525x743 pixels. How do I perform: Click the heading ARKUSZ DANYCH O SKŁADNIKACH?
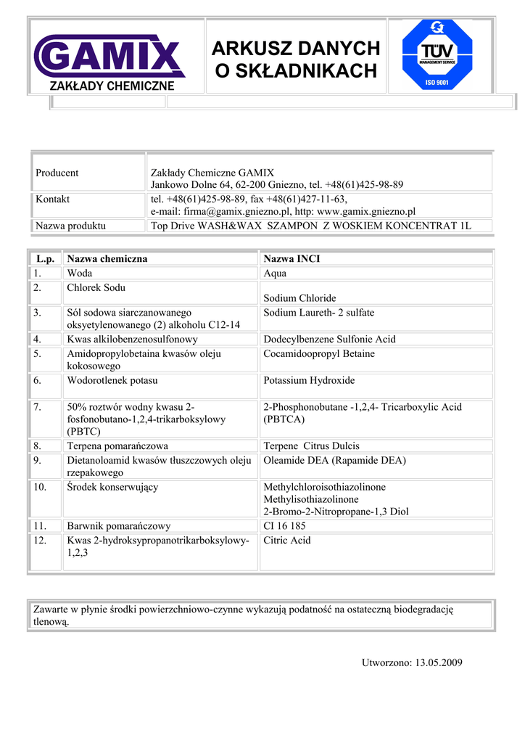pyautogui.click(x=296, y=59)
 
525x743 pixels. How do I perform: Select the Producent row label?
pyautogui.click(x=57, y=173)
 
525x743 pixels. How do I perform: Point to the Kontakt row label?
pyautogui.click(x=53, y=199)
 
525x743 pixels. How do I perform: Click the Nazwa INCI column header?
pyautogui.click(x=292, y=258)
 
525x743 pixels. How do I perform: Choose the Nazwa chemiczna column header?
pyautogui.click(x=107, y=258)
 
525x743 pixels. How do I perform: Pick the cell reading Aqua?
pyautogui.click(x=275, y=274)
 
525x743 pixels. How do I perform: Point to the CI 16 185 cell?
pyautogui.click(x=284, y=526)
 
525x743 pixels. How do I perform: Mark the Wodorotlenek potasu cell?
pyautogui.click(x=112, y=380)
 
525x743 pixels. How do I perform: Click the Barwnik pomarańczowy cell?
pyautogui.click(x=119, y=526)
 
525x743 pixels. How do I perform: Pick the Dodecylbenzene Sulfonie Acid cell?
pyautogui.click(x=329, y=339)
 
